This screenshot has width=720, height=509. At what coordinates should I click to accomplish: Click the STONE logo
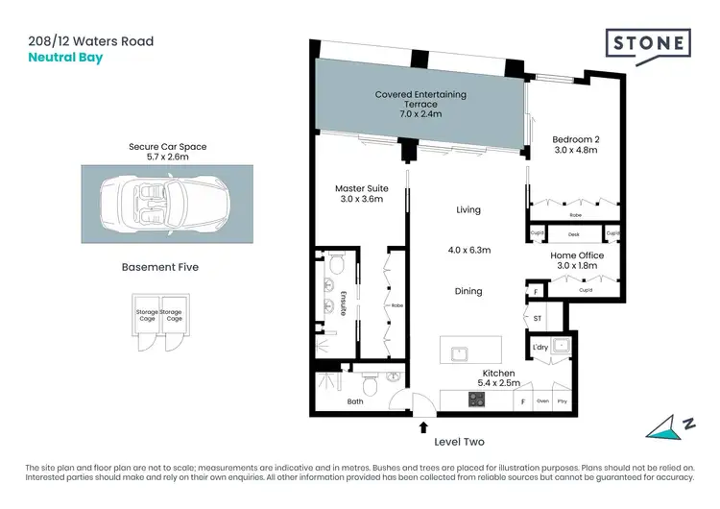(x=648, y=44)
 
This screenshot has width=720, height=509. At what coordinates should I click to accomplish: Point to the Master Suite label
(x=359, y=194)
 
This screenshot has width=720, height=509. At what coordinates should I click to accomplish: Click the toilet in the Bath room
(x=395, y=378)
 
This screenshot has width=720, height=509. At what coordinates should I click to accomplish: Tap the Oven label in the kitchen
(x=542, y=400)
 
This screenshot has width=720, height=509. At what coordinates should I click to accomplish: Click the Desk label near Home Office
(x=574, y=233)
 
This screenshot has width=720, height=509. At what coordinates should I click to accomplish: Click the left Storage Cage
(x=146, y=320)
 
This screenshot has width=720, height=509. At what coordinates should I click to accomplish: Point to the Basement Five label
(x=160, y=267)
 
